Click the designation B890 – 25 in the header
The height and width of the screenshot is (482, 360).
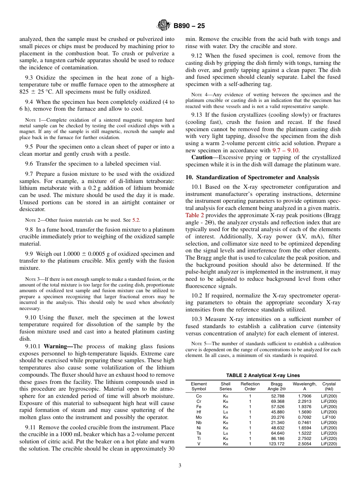tap(189, 26)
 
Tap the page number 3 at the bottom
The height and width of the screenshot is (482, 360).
tap(180, 465)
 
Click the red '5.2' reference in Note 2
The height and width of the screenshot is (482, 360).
tap(136, 220)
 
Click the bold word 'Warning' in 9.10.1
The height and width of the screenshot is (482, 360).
tap(57, 346)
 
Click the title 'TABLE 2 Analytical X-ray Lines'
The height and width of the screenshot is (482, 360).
tap(263, 376)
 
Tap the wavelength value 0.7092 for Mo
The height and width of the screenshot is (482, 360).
tap(304, 417)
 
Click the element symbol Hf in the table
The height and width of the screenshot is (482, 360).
tap(199, 412)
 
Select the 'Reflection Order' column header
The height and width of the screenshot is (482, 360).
tap(250, 386)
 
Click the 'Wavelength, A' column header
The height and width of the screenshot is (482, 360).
tap(304, 386)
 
